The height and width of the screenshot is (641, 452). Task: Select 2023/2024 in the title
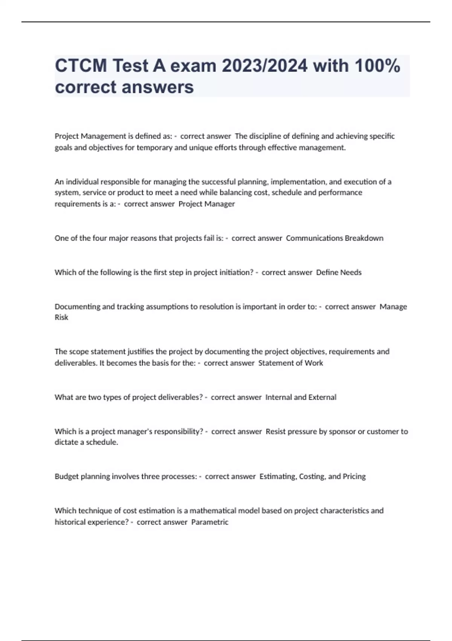coord(264,66)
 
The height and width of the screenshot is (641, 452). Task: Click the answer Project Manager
coord(206,204)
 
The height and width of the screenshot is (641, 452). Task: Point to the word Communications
coord(314,238)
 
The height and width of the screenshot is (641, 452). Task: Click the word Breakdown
coord(364,238)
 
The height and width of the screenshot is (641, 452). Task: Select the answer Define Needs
coord(339,273)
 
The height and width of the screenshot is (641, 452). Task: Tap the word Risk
coord(61,317)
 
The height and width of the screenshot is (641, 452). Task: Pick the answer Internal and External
coord(301,397)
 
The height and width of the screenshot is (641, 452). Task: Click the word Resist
coord(276,432)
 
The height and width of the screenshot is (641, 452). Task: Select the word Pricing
coord(354,477)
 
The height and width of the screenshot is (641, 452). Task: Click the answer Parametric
coord(210,522)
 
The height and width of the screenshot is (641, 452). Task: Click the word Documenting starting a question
coord(77,307)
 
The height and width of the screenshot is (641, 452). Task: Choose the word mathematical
coord(214,511)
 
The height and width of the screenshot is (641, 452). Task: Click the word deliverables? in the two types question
coord(180,397)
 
